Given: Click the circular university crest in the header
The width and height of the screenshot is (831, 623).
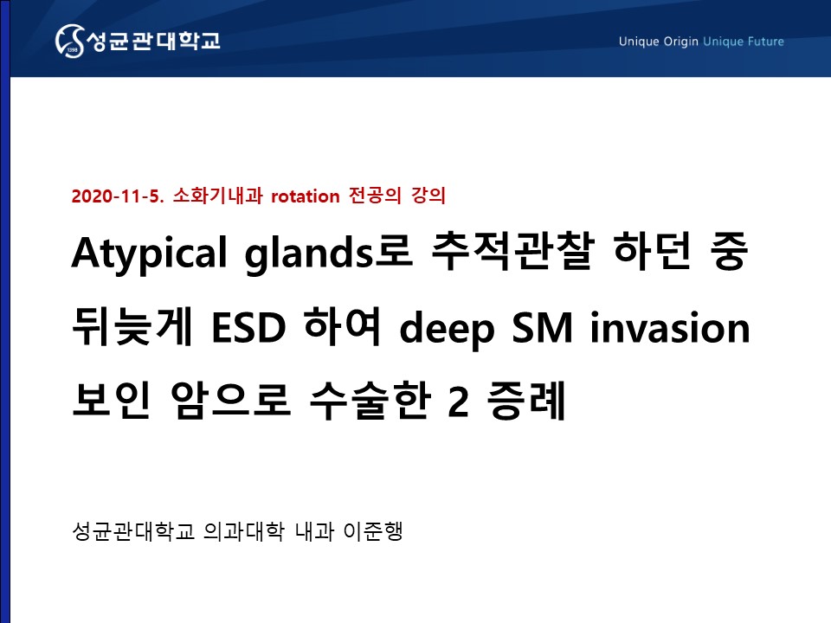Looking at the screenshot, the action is click(69, 41).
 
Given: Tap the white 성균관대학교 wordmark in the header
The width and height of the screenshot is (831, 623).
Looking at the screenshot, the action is click(152, 41).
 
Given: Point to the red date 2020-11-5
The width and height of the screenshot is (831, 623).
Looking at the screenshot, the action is click(118, 196).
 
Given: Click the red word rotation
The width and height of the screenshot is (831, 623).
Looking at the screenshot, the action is click(306, 196).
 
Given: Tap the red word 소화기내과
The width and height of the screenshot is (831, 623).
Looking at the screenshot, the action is click(218, 196).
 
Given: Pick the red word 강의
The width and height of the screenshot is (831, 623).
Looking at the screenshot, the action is click(428, 196).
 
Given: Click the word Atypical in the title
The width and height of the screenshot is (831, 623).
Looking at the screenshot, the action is click(150, 254).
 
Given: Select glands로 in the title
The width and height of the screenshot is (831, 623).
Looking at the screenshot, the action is click(328, 253).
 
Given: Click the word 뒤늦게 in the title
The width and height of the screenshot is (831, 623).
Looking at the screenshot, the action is click(132, 326).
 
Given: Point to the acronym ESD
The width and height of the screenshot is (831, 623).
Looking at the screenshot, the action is click(248, 328).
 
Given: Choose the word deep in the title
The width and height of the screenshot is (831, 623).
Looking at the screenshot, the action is click(447, 330).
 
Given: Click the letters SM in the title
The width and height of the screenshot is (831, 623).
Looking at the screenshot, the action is click(542, 328).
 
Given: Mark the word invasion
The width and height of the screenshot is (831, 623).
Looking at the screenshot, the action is click(670, 327).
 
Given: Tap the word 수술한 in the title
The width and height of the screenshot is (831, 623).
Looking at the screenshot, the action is click(369, 401).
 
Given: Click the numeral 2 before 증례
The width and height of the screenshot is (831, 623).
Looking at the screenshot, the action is click(459, 401).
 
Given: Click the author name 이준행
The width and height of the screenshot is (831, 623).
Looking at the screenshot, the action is click(374, 530).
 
